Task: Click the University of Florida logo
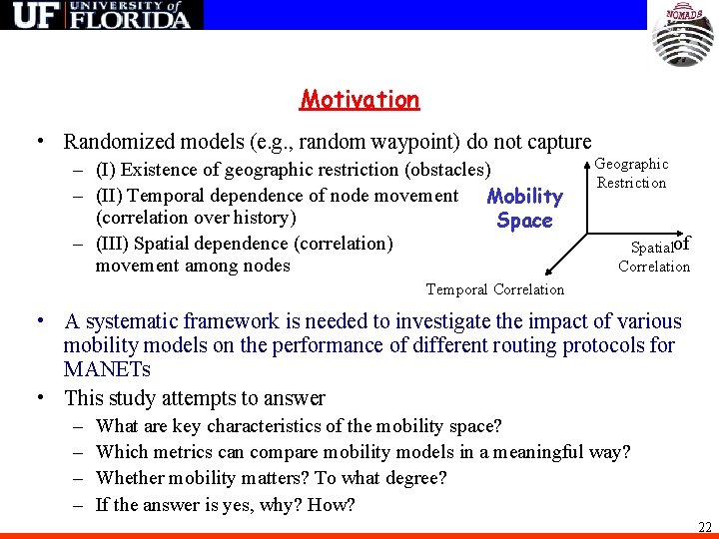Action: tap(101, 15)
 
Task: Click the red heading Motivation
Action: tap(359, 100)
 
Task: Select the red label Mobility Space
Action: tap(524, 209)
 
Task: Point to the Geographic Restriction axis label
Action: tap(631, 173)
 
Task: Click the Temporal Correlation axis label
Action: tap(494, 289)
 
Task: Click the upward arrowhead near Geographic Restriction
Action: tap(583, 159)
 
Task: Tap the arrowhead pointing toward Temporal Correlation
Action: tap(548, 269)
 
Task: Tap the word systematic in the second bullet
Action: tap(131, 321)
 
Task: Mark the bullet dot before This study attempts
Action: tap(38, 398)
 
